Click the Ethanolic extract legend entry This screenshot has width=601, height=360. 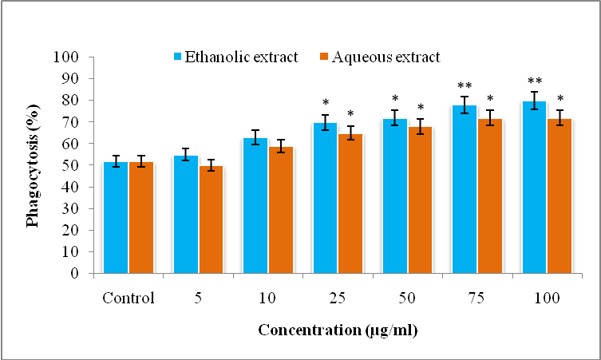coord(236,57)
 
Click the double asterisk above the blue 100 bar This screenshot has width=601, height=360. coord(535,81)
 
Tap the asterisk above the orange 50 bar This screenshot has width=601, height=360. coord(420,108)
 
